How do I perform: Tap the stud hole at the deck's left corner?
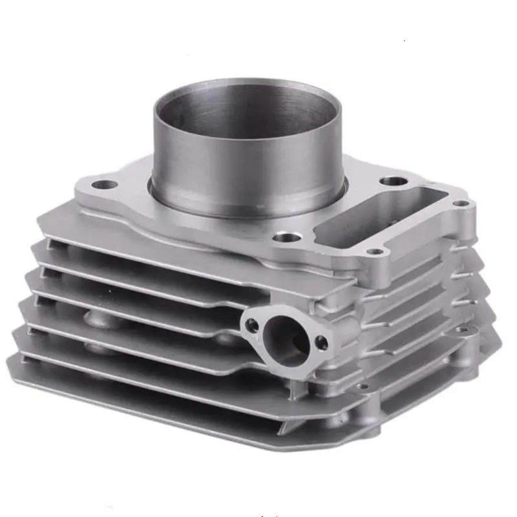click(x=104, y=185)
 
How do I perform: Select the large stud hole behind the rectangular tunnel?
click(x=393, y=181)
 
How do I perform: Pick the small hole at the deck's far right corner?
click(x=461, y=204)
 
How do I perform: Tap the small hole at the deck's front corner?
click(x=374, y=251)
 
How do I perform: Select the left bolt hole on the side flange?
click(x=252, y=325)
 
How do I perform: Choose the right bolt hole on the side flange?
click(x=321, y=343)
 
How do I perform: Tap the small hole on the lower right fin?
click(x=463, y=330)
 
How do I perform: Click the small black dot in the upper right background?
click(x=405, y=42)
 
